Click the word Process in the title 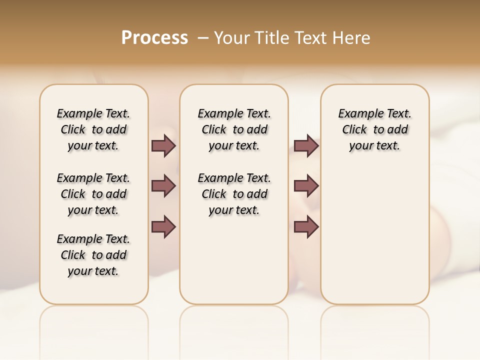click(x=154, y=37)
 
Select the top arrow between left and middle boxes click(x=163, y=146)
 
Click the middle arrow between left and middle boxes click(x=163, y=186)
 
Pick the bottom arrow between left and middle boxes click(x=163, y=226)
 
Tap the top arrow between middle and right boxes click(x=306, y=146)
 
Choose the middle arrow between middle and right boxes click(x=306, y=186)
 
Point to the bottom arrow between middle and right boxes click(x=306, y=226)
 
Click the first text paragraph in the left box click(x=93, y=129)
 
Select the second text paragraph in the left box click(x=93, y=194)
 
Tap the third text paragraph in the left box click(x=93, y=255)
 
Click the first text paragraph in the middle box click(x=234, y=129)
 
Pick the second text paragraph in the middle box click(x=234, y=194)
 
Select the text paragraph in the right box click(x=375, y=129)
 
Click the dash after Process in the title click(x=202, y=37)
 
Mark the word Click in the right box click(x=354, y=130)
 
